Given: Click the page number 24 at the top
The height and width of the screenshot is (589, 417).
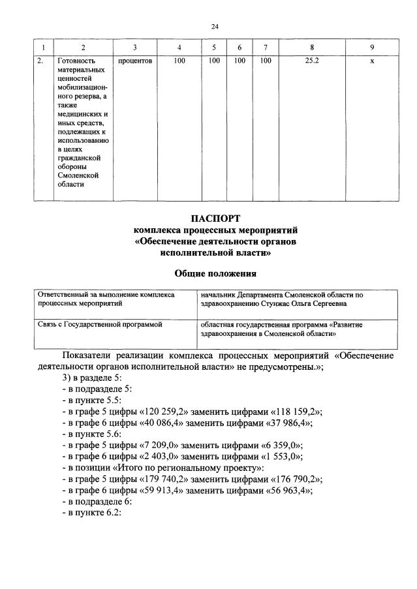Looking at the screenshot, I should [215, 27].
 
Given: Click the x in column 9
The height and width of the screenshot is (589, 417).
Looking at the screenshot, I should [371, 61].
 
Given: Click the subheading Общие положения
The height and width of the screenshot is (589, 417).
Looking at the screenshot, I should [215, 273].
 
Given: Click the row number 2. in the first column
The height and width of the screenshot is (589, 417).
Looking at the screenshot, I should [40, 61].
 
